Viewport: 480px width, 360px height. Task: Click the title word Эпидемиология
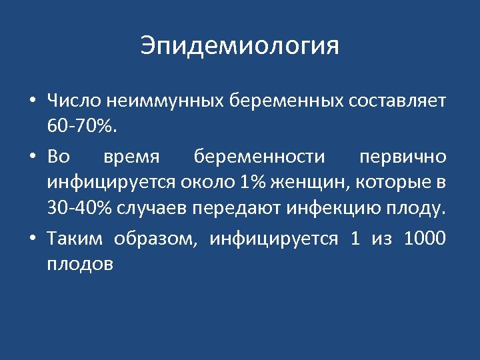click(x=240, y=46)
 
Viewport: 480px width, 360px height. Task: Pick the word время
click(x=132, y=157)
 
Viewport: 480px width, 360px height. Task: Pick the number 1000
click(x=425, y=238)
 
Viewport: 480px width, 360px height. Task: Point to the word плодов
click(x=80, y=265)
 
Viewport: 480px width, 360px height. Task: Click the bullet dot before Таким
click(x=32, y=239)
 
